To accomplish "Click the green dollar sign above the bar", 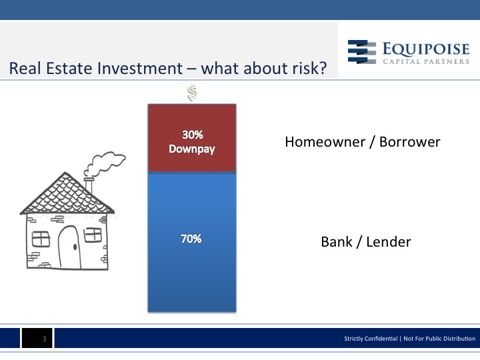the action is click(192, 92).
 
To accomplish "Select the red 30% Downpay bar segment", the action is click(192, 138).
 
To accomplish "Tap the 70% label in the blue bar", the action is click(191, 239).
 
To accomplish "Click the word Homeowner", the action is click(325, 142).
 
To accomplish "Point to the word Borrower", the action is click(409, 142).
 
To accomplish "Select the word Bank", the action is click(337, 242).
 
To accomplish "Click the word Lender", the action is click(389, 242).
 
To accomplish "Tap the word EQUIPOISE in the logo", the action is click(426, 49).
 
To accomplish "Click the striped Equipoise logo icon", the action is click(362, 52).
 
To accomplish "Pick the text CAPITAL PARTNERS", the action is click(426, 61).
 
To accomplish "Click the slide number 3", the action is click(45, 339).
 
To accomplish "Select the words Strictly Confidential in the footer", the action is click(371, 339).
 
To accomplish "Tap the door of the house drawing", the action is click(69, 247).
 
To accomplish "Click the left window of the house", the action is click(41, 239).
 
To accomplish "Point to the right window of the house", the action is click(93, 235).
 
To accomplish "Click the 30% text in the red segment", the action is click(193, 135).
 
